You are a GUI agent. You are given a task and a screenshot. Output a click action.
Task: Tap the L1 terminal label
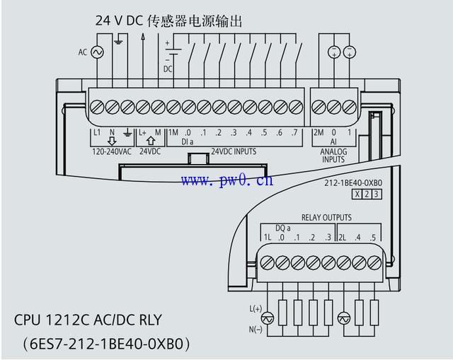coord(97,132)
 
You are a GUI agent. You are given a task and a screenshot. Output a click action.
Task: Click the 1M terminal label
coord(173,133)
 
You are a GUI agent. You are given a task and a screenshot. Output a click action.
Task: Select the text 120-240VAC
coord(111,151)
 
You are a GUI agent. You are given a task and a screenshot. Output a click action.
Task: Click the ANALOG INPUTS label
coord(333,155)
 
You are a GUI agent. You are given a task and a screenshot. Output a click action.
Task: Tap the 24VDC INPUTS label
coord(234,151)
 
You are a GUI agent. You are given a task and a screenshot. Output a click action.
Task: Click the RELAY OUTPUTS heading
coord(326,217)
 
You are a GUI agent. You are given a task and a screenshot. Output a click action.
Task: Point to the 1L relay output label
coord(267,237)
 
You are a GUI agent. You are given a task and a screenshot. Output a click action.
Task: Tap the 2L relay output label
coord(343,237)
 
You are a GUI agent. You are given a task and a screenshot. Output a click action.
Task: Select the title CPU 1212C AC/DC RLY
coord(98,320)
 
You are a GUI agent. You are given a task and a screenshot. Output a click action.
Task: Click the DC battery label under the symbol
coord(168,69)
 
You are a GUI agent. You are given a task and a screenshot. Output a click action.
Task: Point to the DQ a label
coord(283,228)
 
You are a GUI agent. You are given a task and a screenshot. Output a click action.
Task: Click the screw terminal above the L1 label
coord(97,107)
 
